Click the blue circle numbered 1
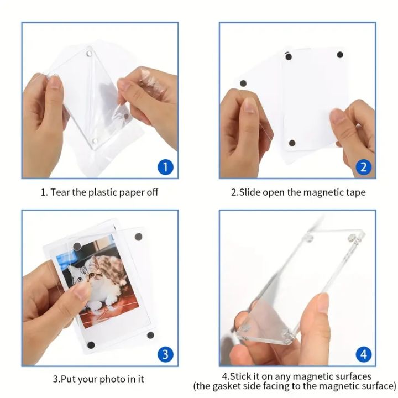pyautogui.click(x=165, y=166)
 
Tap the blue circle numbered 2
pyautogui.click(x=363, y=166)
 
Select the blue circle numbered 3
pyautogui.click(x=165, y=354)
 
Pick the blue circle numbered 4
pyautogui.click(x=363, y=354)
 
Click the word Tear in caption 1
pyautogui.click(x=61, y=192)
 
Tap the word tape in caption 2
pyautogui.click(x=354, y=192)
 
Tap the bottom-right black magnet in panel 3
pyautogui.click(x=150, y=335)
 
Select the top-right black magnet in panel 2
pyautogui.click(x=339, y=55)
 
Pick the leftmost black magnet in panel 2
pyautogui.click(x=242, y=83)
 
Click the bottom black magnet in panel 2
pyautogui.click(x=292, y=144)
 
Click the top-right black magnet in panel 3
pyautogui.click(x=138, y=236)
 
